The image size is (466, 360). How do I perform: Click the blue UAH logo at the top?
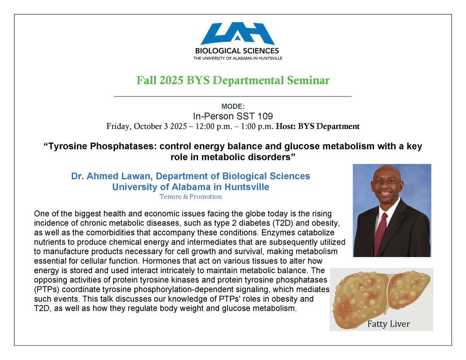tap(237, 34)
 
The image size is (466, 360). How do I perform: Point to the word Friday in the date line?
tap(117, 126)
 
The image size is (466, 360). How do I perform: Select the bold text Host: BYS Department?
tap(317, 126)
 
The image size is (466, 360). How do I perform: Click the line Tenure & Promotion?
tap(191, 197)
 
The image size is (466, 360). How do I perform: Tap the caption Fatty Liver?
tap(388, 323)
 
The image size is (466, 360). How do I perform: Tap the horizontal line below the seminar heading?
tap(233, 96)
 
